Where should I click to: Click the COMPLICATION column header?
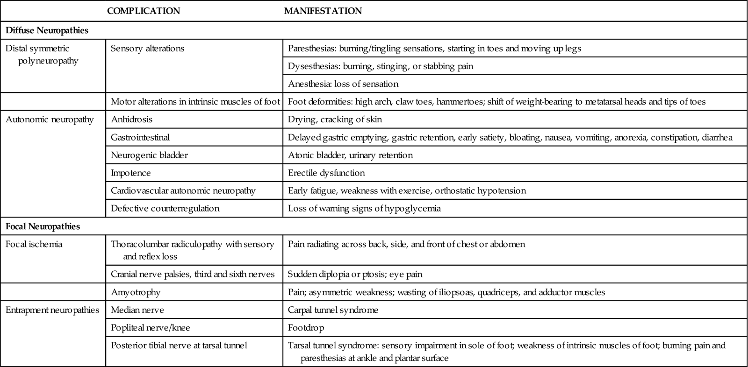143,11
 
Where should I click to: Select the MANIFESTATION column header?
323,11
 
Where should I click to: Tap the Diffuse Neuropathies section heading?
47,31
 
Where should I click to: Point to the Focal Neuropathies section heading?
43,226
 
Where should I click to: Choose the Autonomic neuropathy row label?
50,120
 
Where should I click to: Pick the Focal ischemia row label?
34,244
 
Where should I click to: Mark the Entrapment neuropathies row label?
52,310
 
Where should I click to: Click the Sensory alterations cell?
148,49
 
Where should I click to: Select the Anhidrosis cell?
131,120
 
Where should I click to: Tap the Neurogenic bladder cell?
149,155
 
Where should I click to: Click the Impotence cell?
131,173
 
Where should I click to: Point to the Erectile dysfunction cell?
326,173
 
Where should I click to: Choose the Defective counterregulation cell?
165,208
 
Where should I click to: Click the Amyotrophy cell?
136,292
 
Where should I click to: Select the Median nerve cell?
137,310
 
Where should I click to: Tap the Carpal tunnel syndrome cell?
333,310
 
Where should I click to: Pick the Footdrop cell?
306,328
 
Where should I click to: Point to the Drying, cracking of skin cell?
335,120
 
